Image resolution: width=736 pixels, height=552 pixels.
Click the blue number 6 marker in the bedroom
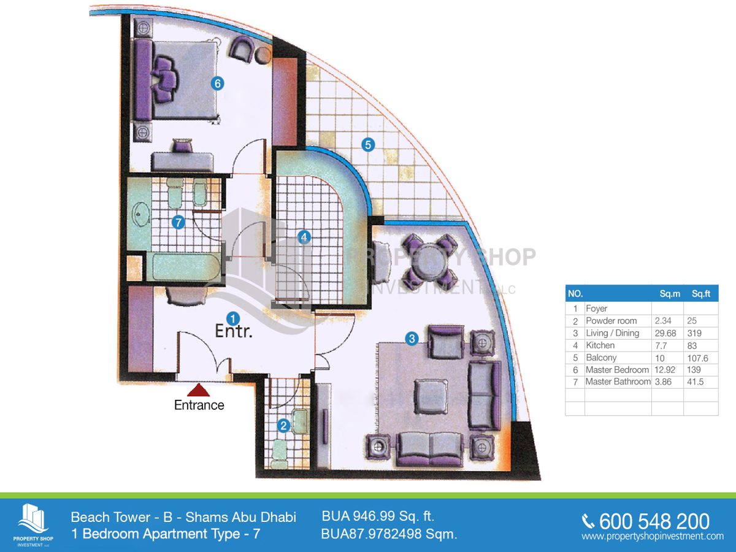click(x=218, y=83)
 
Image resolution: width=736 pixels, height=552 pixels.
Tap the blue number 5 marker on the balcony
click(x=368, y=145)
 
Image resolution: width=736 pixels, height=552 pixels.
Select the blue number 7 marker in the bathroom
click(x=178, y=222)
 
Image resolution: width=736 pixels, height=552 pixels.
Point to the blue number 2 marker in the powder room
click(x=284, y=426)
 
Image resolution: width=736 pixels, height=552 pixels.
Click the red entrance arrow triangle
click(x=199, y=390)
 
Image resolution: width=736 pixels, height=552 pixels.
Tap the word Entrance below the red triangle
click(x=199, y=405)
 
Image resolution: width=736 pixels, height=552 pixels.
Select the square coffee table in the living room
click(x=431, y=396)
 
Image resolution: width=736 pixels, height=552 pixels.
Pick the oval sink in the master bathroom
click(x=141, y=214)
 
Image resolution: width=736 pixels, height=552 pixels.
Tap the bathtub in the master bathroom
click(x=186, y=266)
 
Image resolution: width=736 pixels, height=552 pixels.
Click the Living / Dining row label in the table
click(x=612, y=333)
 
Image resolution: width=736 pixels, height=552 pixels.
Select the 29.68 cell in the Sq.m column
click(x=665, y=333)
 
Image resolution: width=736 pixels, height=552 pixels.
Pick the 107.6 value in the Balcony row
click(x=697, y=358)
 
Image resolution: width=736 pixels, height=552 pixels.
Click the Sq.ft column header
click(x=701, y=294)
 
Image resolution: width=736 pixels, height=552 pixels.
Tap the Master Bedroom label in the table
click(x=617, y=370)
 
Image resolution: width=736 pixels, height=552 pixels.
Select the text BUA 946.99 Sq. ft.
click(x=378, y=516)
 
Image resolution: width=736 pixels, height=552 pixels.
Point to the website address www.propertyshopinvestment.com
click(x=653, y=536)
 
